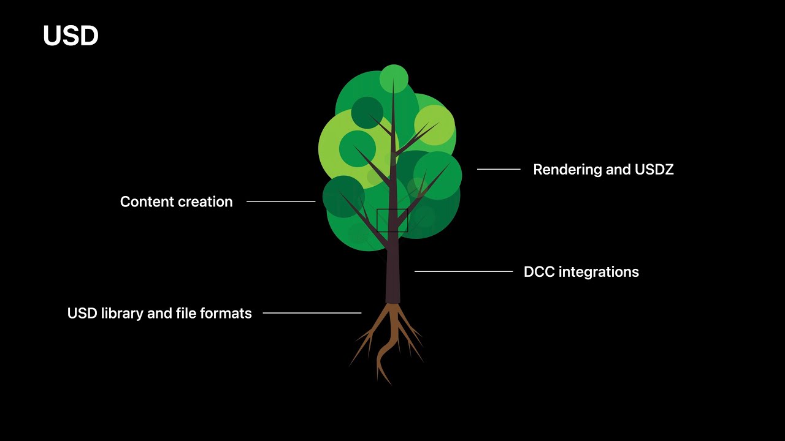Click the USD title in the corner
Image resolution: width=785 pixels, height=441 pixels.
pos(71,36)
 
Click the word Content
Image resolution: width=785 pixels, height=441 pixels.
pos(147,202)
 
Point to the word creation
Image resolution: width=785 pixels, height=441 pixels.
pos(205,202)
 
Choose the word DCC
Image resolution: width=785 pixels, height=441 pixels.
pos(539,272)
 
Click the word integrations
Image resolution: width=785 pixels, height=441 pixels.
pos(599,273)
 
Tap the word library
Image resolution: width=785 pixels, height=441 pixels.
pos(122,314)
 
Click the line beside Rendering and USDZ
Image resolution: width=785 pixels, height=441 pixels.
pos(499,170)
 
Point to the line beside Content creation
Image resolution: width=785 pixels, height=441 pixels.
pos(281,202)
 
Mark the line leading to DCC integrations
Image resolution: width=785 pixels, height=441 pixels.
pos(464,271)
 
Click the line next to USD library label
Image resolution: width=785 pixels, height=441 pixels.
pos(312,313)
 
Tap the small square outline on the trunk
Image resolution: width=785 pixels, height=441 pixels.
pos(392,209)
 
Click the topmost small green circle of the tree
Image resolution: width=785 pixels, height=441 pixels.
pos(394,78)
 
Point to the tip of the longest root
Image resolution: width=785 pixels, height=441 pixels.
pos(391,384)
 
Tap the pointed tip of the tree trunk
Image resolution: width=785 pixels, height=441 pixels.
pos(393,79)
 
